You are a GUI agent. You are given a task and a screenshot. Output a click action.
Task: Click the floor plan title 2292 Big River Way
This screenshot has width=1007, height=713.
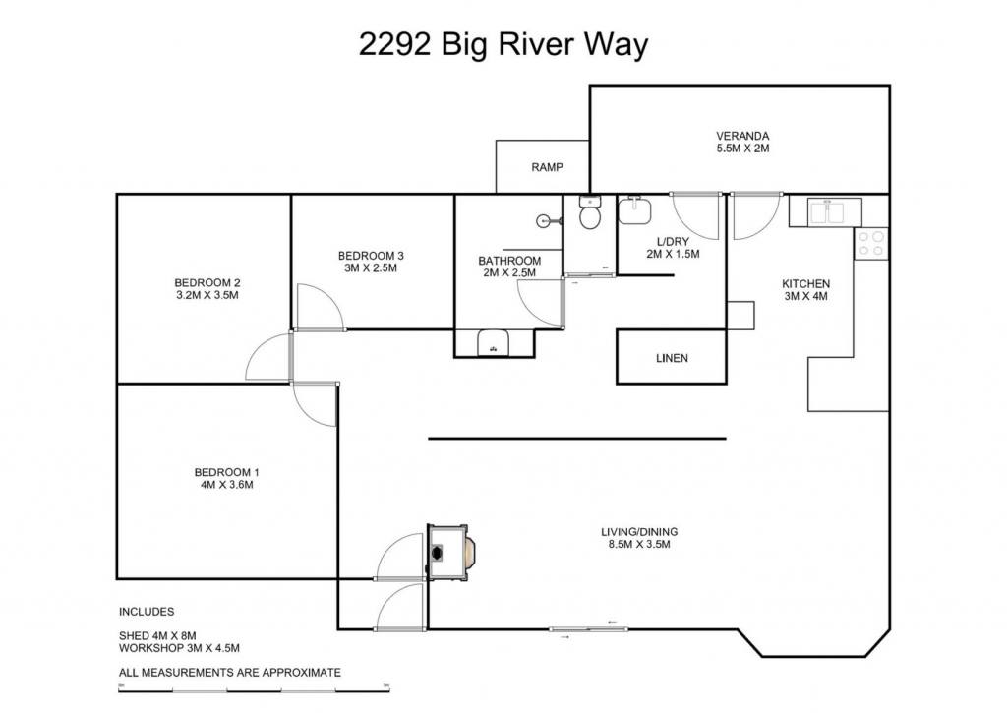(x=503, y=45)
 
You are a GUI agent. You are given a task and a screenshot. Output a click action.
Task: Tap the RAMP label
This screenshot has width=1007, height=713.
(x=547, y=167)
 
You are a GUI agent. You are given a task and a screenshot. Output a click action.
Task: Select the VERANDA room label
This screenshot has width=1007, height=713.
(x=742, y=136)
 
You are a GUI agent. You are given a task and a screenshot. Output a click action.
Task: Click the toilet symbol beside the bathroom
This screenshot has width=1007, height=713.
(x=589, y=212)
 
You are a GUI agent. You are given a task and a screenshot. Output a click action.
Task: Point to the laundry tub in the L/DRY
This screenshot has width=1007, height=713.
(x=634, y=210)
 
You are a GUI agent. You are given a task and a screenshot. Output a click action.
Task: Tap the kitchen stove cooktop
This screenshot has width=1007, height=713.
(x=871, y=244)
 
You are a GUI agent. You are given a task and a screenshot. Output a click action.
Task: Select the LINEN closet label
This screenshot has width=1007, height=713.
(x=672, y=358)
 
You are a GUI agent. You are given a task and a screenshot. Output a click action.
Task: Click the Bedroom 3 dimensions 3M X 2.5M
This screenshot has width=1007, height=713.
(x=371, y=267)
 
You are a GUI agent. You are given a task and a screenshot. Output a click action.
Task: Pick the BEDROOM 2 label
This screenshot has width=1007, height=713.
(x=207, y=282)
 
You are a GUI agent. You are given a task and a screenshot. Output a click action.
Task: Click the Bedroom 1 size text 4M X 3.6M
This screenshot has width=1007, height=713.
(x=227, y=485)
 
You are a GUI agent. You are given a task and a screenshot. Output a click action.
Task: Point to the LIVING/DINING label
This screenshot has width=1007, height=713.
(x=639, y=532)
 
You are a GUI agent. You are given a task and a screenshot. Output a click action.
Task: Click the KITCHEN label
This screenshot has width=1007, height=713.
(x=805, y=284)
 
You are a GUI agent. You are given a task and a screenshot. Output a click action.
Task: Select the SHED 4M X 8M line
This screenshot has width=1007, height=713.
(x=157, y=636)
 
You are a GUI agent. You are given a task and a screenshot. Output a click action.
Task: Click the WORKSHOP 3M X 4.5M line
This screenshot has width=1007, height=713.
(x=179, y=649)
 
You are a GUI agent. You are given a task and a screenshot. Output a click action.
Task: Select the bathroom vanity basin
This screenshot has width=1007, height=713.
(x=494, y=343)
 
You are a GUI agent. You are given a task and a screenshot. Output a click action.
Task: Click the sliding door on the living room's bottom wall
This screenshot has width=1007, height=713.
(x=588, y=629)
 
